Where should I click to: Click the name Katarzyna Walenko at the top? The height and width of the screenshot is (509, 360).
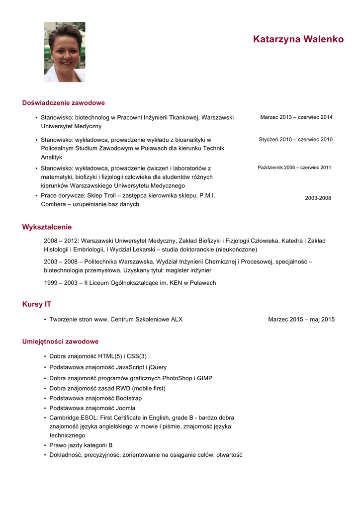pos(298,39)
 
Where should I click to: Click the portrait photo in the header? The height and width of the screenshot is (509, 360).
pos(65,52)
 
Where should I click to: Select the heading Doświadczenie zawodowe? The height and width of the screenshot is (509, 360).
pos(63,103)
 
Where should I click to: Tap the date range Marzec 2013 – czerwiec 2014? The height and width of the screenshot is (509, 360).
pos(296,117)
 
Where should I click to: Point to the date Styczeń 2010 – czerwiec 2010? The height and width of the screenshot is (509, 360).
pos(295,140)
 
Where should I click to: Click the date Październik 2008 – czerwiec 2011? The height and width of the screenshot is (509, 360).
pos(294,168)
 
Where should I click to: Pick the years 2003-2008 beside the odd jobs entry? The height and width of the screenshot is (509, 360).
pos(318,198)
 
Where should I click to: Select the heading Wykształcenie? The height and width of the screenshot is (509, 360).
pos(47,227)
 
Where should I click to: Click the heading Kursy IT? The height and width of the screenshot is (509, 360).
pos(36,304)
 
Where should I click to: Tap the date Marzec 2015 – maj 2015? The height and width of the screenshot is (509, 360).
pos(301,320)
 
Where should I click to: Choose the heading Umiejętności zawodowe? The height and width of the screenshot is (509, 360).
pos(60,341)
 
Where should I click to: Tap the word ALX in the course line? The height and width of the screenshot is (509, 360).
pos(177,320)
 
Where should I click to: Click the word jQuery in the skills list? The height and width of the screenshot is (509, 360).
pos(158,367)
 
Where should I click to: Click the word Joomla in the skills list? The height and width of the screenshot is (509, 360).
pos(125,408)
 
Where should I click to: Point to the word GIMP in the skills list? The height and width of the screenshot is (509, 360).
pos(204,378)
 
